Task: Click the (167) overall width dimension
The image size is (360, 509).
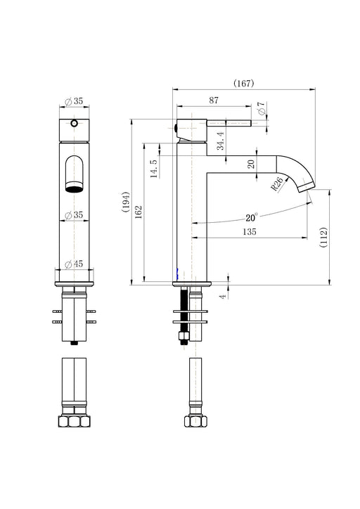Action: point(244,84)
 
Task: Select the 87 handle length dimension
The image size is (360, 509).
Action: point(214,101)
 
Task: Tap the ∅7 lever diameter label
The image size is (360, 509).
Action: point(262,108)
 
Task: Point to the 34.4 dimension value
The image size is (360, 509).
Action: point(221,141)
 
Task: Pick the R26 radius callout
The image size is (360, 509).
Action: point(276,184)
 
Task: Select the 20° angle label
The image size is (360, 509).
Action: point(251,217)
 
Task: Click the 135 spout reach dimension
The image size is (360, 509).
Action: point(250,232)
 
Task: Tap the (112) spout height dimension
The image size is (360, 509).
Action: point(323,238)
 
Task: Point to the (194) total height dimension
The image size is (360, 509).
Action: point(126,202)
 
